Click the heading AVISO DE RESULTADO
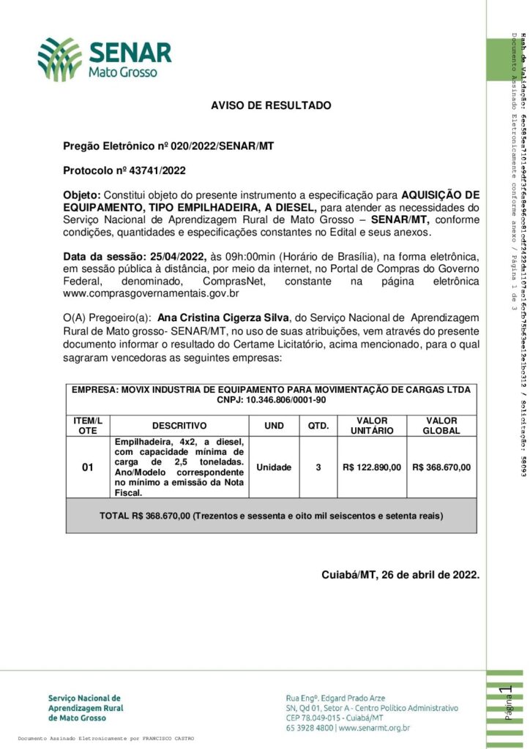point(271,106)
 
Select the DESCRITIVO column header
point(179,426)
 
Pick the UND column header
point(274,426)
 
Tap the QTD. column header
point(318,426)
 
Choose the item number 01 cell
point(88,467)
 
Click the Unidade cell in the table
point(274,467)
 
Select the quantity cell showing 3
point(318,467)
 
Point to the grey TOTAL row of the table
point(271,516)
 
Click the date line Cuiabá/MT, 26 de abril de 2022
point(400,574)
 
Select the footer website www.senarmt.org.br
point(374,728)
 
